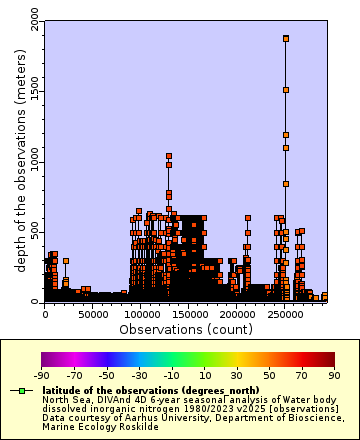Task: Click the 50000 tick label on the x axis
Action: [93, 314]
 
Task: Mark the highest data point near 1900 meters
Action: [286, 39]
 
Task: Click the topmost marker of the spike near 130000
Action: [169, 156]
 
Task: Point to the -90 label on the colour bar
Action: [41, 375]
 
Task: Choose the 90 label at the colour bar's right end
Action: [335, 375]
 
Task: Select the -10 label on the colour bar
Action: [170, 375]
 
